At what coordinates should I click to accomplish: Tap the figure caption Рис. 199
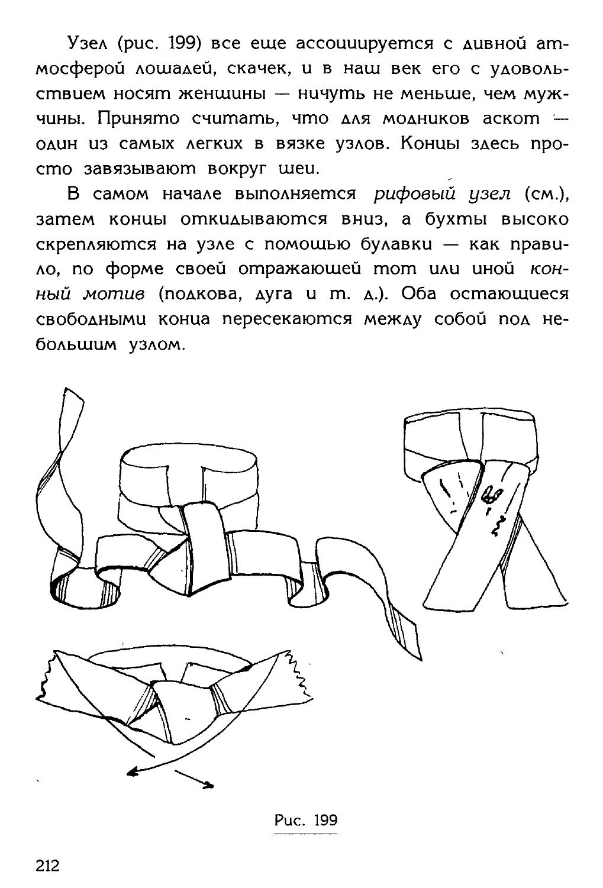(305, 820)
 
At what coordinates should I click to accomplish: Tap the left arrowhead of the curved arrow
(131, 770)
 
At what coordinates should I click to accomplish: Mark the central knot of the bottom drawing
(179, 704)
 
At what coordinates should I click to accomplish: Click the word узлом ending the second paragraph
(153, 344)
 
